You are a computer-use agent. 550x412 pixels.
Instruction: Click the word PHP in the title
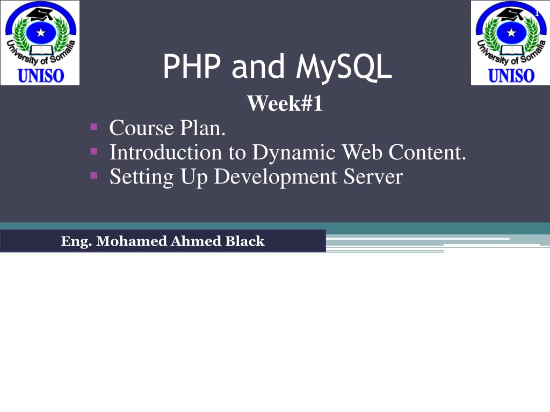(x=193, y=67)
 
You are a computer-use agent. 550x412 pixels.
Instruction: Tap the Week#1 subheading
(x=285, y=104)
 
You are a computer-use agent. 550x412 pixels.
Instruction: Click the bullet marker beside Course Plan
(x=93, y=127)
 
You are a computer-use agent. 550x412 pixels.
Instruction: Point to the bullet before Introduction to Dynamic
(x=93, y=151)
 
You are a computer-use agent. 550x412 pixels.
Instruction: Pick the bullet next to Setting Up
(x=93, y=175)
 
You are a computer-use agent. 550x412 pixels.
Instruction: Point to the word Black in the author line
(x=245, y=241)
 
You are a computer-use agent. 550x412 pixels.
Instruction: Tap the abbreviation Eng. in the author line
(x=77, y=241)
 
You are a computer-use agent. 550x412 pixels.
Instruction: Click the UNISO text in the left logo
(x=41, y=75)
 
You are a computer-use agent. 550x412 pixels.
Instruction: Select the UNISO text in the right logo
(x=511, y=75)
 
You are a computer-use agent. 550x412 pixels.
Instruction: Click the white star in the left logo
(x=40, y=32)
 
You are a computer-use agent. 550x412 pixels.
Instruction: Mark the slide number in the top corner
(x=537, y=13)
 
